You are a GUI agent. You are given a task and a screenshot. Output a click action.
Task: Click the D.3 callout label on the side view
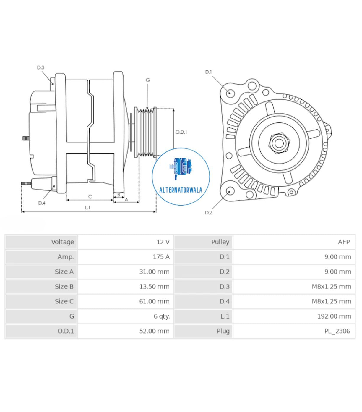tap(40, 67)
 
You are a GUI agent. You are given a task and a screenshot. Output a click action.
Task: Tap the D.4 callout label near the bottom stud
tap(42, 203)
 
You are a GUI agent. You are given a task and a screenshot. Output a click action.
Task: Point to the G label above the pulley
tap(147, 80)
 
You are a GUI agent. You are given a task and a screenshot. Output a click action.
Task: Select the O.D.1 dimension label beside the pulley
tap(181, 132)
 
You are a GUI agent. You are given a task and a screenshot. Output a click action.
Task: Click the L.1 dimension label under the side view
tap(87, 207)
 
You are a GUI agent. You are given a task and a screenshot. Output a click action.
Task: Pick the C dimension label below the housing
tap(90, 196)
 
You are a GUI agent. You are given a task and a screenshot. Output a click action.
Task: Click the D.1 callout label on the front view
tap(208, 72)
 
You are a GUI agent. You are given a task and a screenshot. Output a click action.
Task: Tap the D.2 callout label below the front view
tap(208, 212)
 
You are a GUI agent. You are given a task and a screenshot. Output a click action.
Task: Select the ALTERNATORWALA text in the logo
tap(181, 190)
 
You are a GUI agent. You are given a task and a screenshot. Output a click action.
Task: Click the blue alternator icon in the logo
tap(181, 168)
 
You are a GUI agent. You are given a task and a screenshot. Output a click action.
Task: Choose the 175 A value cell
tap(161, 257)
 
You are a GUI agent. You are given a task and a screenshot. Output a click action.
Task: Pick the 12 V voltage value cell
tap(163, 242)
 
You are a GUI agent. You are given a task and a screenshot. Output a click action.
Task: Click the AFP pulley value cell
tap(344, 242)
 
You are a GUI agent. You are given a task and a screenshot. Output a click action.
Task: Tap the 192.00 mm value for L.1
tap(334, 316)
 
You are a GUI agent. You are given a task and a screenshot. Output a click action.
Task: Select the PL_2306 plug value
tap(337, 331)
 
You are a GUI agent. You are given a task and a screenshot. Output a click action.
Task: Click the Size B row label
tap(64, 286)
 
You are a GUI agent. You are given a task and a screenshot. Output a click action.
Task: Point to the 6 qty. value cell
tap(162, 316)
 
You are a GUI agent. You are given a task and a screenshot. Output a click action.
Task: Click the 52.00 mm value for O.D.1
tap(154, 331)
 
